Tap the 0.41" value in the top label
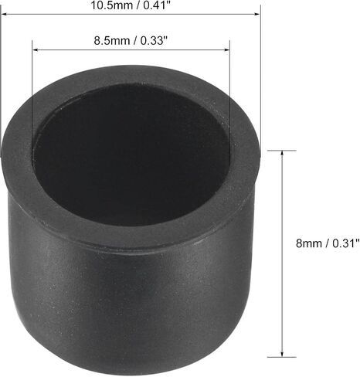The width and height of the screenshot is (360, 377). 157,5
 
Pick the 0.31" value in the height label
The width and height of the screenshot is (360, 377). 345,243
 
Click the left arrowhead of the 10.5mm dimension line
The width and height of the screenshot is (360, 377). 5,14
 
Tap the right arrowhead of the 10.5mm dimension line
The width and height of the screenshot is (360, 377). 257,14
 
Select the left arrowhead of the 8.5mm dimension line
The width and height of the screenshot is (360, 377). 36,49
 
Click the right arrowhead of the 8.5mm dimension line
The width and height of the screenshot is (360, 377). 226,49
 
